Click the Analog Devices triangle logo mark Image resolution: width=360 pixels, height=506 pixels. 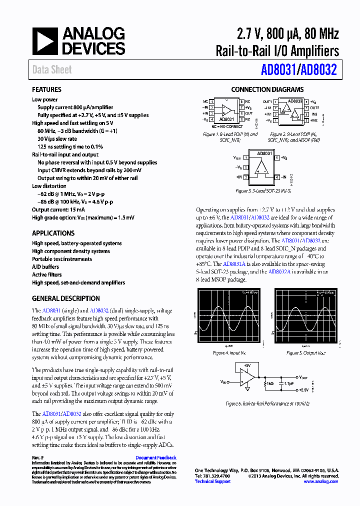(45, 41)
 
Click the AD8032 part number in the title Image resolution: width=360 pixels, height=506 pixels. (319, 70)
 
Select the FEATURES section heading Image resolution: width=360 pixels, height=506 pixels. (46, 90)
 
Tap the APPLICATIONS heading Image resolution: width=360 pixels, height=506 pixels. (53, 233)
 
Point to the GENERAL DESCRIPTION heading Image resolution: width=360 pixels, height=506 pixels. (65, 298)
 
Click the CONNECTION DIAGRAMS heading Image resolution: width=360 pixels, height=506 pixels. (267, 90)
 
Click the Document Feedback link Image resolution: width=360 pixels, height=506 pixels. (156, 457)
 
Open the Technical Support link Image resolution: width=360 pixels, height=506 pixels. (212, 481)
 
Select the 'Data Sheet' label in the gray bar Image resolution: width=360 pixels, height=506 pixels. (52, 70)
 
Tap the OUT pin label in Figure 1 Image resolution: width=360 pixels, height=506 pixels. (248, 113)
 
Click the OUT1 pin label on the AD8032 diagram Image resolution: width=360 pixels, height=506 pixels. (268, 101)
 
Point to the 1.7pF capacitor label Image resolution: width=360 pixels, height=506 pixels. (289, 383)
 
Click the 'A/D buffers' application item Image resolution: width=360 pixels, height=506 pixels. (45, 267)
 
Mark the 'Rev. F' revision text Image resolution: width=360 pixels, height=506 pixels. (38, 457)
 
